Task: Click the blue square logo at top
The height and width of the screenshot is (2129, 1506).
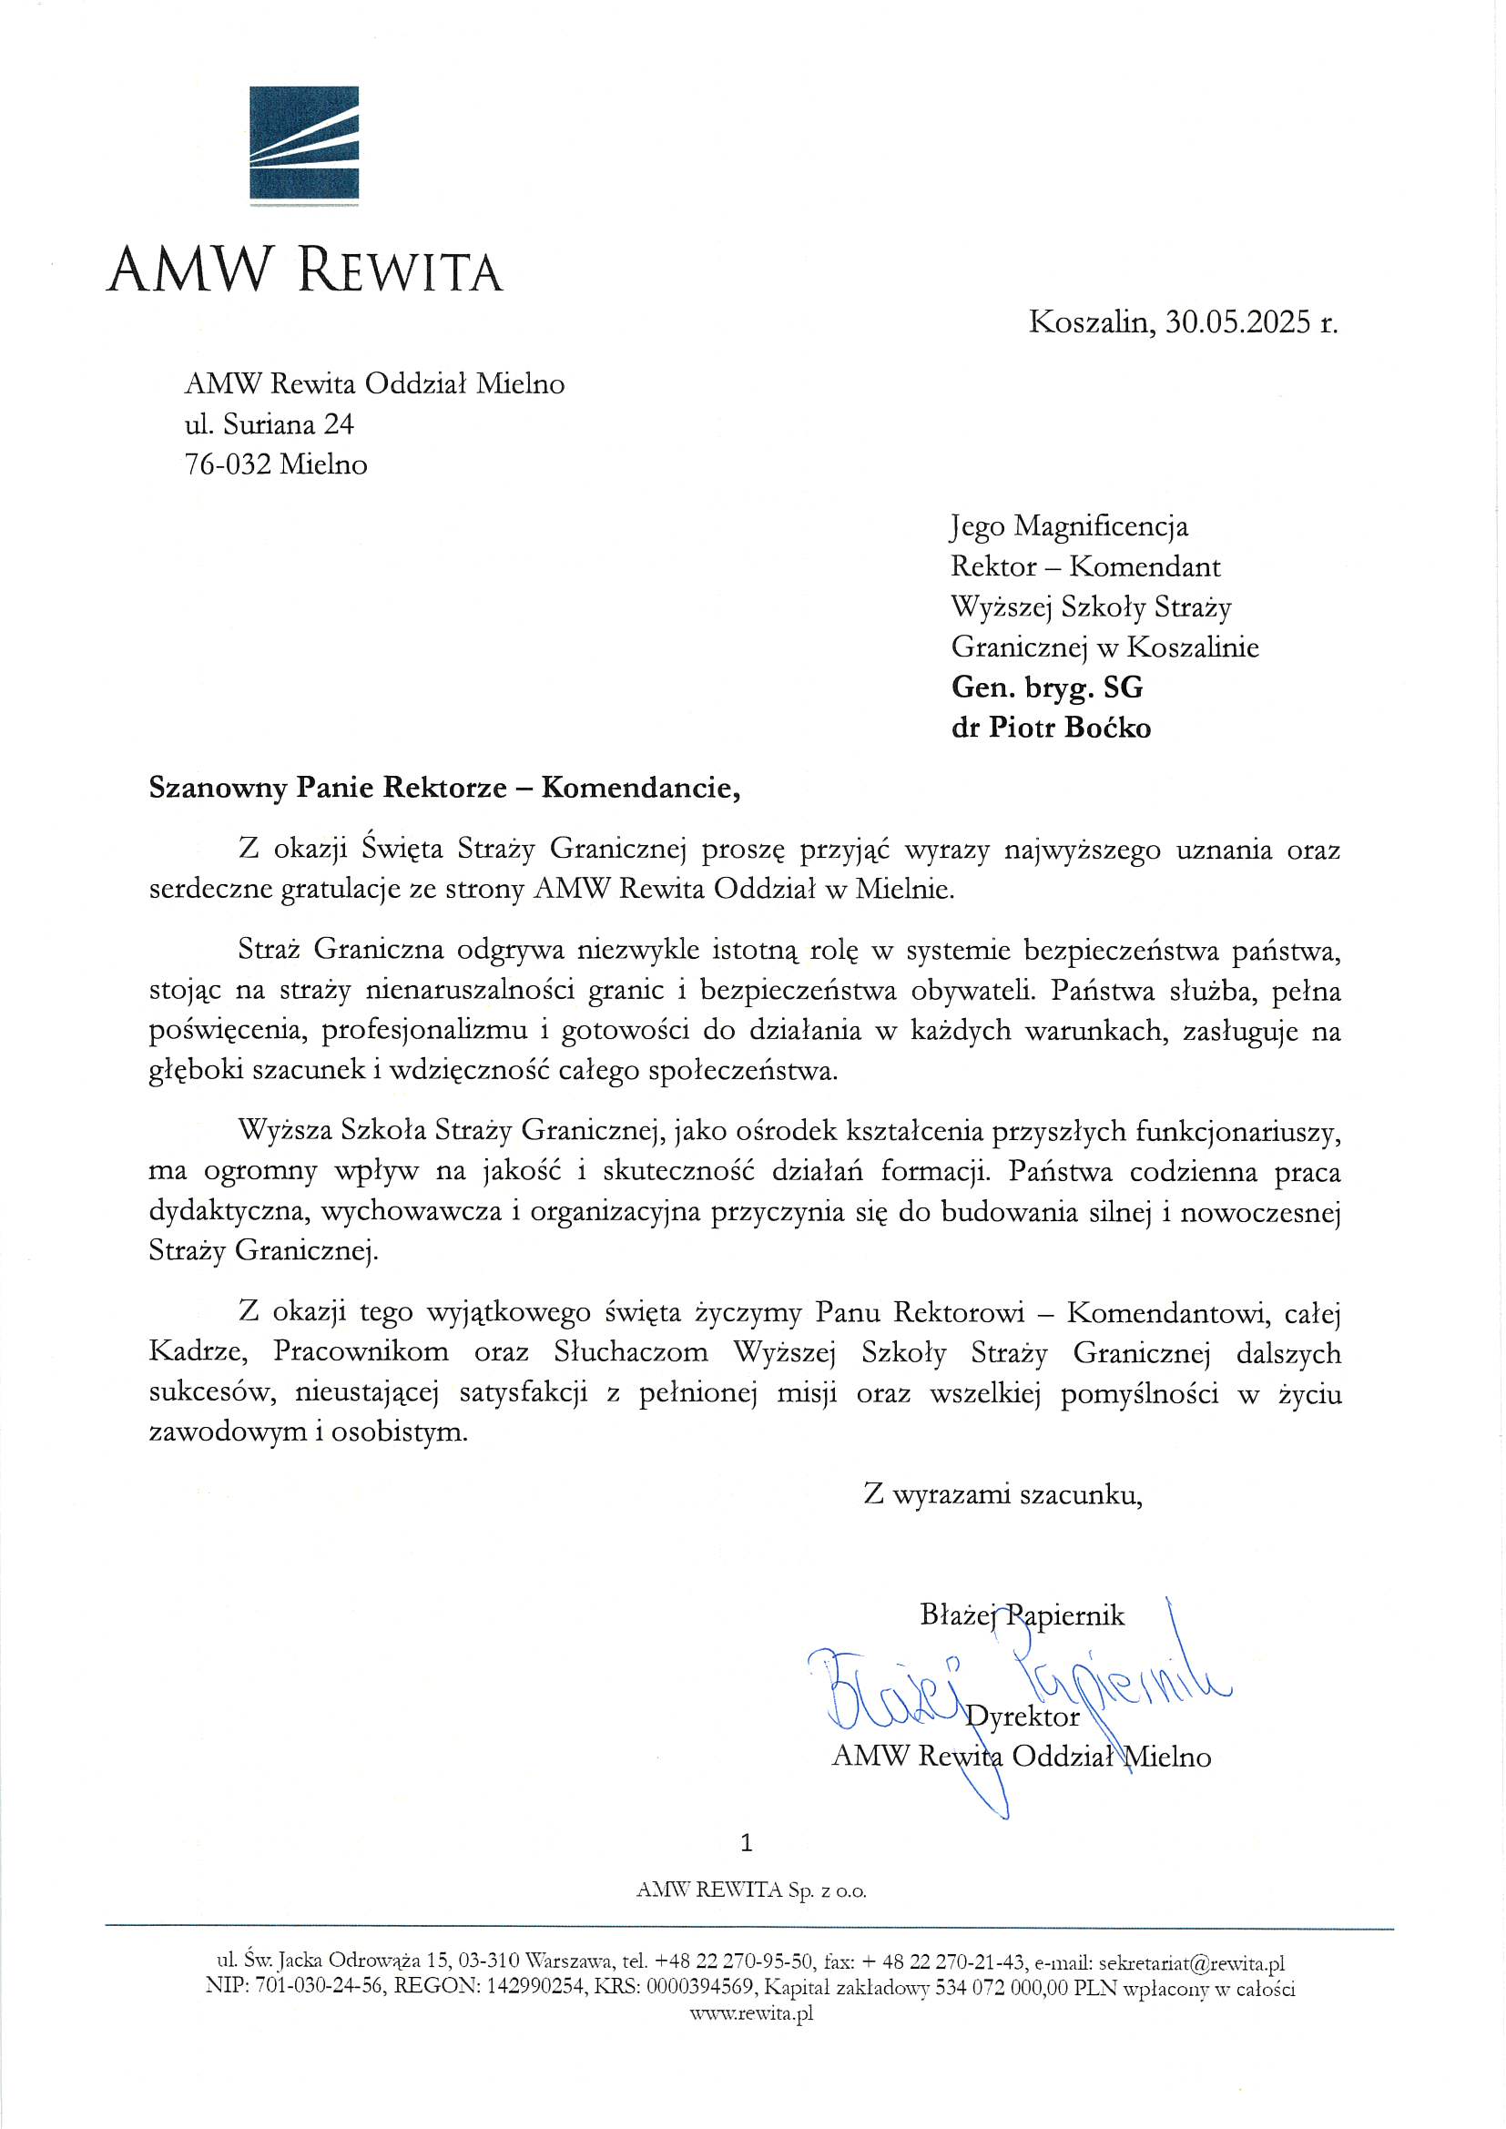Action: [303, 142]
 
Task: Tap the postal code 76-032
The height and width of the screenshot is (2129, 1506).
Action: [229, 463]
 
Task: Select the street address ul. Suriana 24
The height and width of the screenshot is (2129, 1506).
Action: [269, 423]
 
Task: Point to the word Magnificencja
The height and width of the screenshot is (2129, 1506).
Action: [1100, 525]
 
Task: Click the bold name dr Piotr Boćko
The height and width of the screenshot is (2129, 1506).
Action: [1051, 727]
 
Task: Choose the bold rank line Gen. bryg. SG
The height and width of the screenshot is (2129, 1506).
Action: [1046, 688]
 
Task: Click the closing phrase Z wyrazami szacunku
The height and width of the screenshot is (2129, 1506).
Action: [1002, 1494]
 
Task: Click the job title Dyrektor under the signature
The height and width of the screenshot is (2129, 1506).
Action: [1023, 1716]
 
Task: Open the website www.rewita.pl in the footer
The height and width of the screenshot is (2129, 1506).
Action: [751, 2013]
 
